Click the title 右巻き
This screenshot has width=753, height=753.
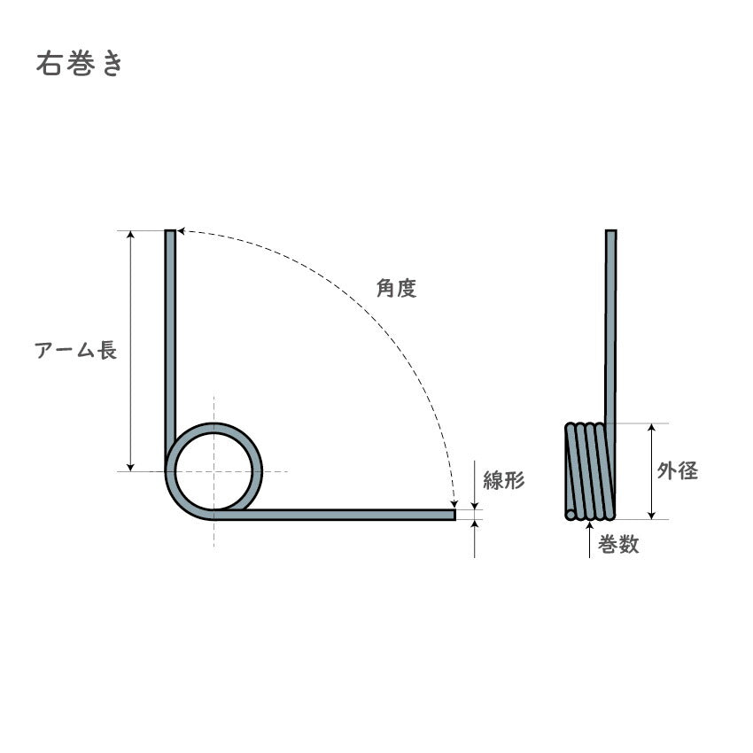pos(79,66)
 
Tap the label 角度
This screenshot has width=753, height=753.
pos(396,289)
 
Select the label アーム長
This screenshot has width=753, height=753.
pos(76,350)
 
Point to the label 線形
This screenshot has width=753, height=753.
pos(504,481)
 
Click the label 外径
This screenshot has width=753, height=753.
pos(677,471)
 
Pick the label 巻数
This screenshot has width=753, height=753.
pos(617,546)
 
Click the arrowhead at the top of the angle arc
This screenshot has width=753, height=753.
pos(180,231)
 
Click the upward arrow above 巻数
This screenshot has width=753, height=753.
pos(590,525)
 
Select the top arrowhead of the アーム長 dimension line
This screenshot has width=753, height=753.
pos(131,235)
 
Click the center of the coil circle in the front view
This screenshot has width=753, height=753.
pos(213,470)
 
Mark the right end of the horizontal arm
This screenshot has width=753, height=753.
pos(454,514)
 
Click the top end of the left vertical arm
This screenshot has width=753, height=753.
pos(169,233)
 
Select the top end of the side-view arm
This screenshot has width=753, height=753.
pos(610,233)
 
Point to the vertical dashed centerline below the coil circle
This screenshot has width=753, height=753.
pos(213,532)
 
